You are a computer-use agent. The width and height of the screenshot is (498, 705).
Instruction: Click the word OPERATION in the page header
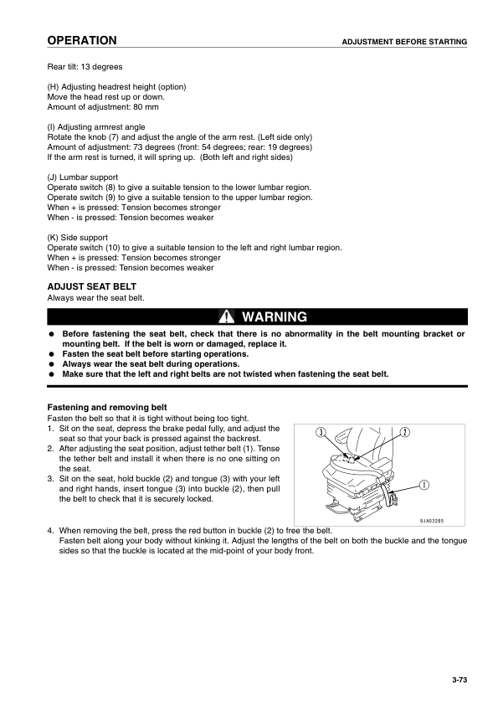tap(81, 41)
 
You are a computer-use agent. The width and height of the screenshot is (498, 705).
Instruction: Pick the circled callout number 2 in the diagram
tap(404, 432)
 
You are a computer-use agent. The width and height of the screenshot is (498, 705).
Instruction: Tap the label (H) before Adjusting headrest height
tap(54, 87)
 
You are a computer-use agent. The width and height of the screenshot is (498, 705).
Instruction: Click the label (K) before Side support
tap(54, 238)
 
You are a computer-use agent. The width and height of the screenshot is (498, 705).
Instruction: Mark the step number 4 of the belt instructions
tap(50, 531)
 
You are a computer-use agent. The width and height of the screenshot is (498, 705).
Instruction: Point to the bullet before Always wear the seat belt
tap(52, 364)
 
